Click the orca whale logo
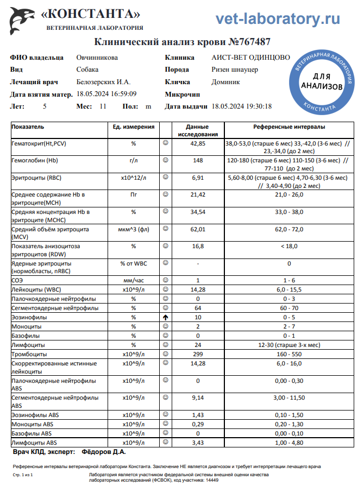(21, 20)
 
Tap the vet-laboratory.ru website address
(278, 19)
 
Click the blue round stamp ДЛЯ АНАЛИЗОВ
(322, 82)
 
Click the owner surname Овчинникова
(97, 58)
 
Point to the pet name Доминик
(225, 82)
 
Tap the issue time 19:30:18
(256, 106)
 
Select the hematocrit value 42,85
(198, 144)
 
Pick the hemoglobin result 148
(198, 161)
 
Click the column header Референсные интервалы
(289, 127)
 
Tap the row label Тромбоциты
(28, 354)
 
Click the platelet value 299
(198, 354)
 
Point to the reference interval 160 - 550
(289, 354)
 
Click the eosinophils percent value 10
(198, 317)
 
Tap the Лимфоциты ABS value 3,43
(198, 443)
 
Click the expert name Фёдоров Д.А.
(103, 451)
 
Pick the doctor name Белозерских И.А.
(103, 82)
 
